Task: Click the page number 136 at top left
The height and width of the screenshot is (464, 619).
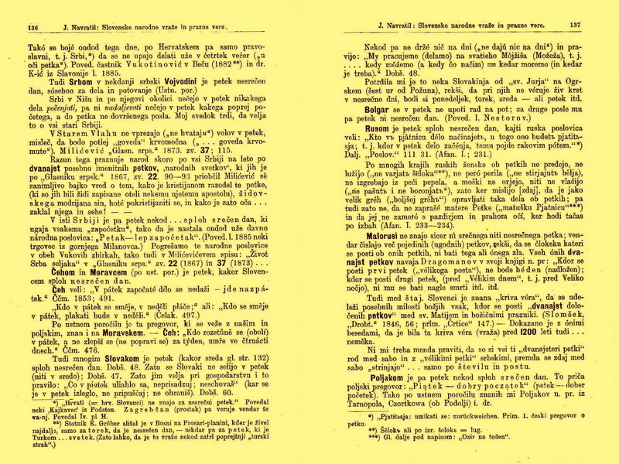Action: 33,27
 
